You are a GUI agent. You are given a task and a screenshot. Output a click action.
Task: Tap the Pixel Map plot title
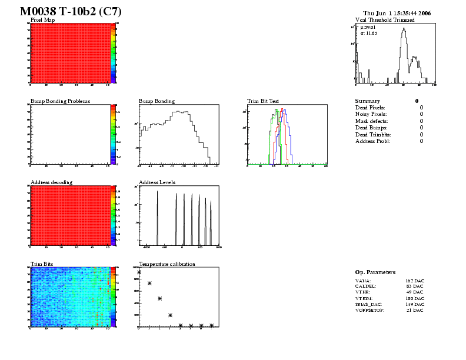pyautogui.click(x=43, y=20)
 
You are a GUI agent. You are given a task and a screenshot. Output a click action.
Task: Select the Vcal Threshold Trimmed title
pyautogui.click(x=385, y=20)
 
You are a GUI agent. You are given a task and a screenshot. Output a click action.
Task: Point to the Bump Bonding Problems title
pyautogui.click(x=60, y=101)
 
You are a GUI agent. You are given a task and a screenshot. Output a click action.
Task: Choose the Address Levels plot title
pyautogui.click(x=157, y=182)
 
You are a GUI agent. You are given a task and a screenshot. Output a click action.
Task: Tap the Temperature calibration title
pyautogui.click(x=167, y=264)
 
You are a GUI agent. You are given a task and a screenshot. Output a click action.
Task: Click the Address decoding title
pyautogui.click(x=51, y=182)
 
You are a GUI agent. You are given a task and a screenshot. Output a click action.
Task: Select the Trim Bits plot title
pyautogui.click(x=42, y=264)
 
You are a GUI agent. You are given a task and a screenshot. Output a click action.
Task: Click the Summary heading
pyautogui.click(x=368, y=101)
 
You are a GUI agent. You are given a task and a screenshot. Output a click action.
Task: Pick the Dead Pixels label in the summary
pyautogui.click(x=370, y=108)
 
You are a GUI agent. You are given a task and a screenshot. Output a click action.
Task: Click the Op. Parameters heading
pyautogui.click(x=375, y=272)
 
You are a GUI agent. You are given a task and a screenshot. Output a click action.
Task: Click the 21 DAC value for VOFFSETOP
pyautogui.click(x=415, y=311)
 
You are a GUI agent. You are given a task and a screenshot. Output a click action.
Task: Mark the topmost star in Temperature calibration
pyautogui.click(x=139, y=272)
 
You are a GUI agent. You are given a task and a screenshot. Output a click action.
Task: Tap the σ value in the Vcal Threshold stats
pyautogui.click(x=373, y=33)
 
